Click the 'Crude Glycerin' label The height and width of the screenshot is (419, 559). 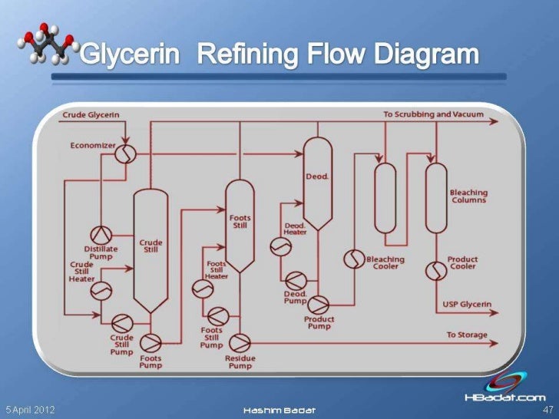[x=91, y=115]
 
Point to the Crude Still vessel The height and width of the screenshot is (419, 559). [x=150, y=246]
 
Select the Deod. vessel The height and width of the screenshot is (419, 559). [x=317, y=178]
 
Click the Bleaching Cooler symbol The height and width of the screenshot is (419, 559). [x=354, y=259]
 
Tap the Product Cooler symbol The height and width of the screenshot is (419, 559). [x=436, y=270]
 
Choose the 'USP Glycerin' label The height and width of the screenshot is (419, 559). [x=467, y=305]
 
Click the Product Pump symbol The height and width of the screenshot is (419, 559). [x=319, y=304]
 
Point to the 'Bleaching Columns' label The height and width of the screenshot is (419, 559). [x=468, y=196]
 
